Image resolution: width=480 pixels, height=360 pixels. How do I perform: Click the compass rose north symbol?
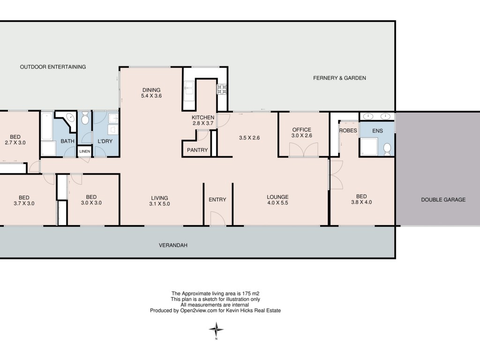pyautogui.click(x=217, y=330)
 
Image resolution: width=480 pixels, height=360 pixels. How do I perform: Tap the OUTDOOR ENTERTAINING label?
pyautogui.click(x=53, y=67)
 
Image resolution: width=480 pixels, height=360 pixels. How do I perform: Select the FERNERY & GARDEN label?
pyautogui.click(x=339, y=78)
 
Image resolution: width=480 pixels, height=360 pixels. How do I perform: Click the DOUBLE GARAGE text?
pyautogui.click(x=443, y=200)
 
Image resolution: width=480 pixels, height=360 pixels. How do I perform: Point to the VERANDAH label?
pyautogui.click(x=173, y=245)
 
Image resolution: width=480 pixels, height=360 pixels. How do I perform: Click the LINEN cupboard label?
pyautogui.click(x=85, y=151)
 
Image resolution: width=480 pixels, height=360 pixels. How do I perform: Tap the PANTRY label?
pyautogui.click(x=197, y=150)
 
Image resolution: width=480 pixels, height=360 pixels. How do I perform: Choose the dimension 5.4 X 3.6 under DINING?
pyautogui.click(x=151, y=96)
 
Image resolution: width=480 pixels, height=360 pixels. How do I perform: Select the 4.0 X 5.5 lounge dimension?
pyautogui.click(x=277, y=202)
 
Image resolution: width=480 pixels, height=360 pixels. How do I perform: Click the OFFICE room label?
pyautogui.click(x=301, y=130)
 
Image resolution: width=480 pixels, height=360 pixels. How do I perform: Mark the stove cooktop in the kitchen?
pyautogui.click(x=222, y=89)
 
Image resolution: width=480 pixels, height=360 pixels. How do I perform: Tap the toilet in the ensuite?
pyautogui.click(x=387, y=149)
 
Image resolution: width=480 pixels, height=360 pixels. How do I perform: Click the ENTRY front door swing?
pyautogui.click(x=217, y=218)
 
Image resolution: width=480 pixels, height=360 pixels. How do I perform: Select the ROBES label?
pyautogui.click(x=348, y=130)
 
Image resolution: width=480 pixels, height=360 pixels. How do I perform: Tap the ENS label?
pyautogui.click(x=377, y=131)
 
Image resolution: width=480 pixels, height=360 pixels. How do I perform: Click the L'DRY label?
pyautogui.click(x=105, y=141)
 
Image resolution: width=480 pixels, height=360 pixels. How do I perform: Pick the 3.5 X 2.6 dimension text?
pyautogui.click(x=249, y=138)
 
